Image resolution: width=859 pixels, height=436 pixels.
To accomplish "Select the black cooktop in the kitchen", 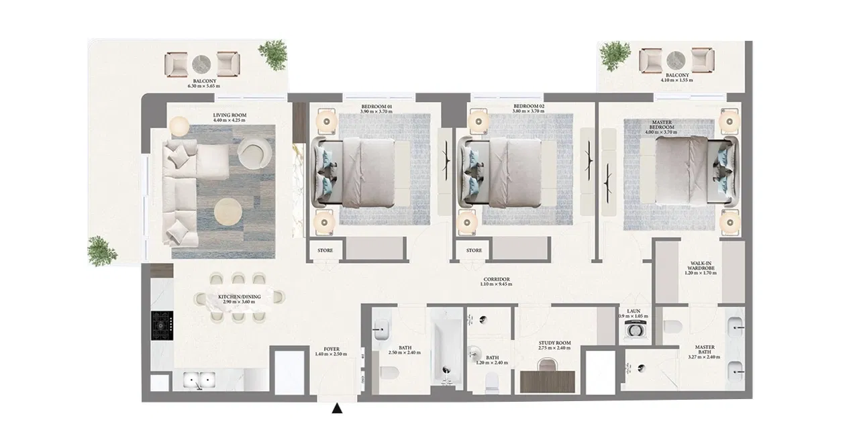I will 162,325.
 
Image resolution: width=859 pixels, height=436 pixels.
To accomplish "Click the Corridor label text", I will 497,281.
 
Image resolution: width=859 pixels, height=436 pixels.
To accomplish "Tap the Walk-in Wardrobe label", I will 701,268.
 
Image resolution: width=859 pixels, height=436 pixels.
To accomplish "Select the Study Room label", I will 554,345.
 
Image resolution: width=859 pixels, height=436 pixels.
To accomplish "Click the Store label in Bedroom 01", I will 325,251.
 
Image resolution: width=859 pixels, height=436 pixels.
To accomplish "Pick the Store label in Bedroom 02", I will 474,251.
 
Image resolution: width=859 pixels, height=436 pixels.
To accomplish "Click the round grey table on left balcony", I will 202,64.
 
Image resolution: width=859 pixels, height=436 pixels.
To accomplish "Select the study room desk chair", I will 548,365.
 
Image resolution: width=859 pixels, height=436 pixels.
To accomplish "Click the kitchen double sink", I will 199,381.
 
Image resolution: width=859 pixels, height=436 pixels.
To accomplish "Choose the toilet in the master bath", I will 672,327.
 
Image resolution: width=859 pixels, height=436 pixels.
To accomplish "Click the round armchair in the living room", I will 252,154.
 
